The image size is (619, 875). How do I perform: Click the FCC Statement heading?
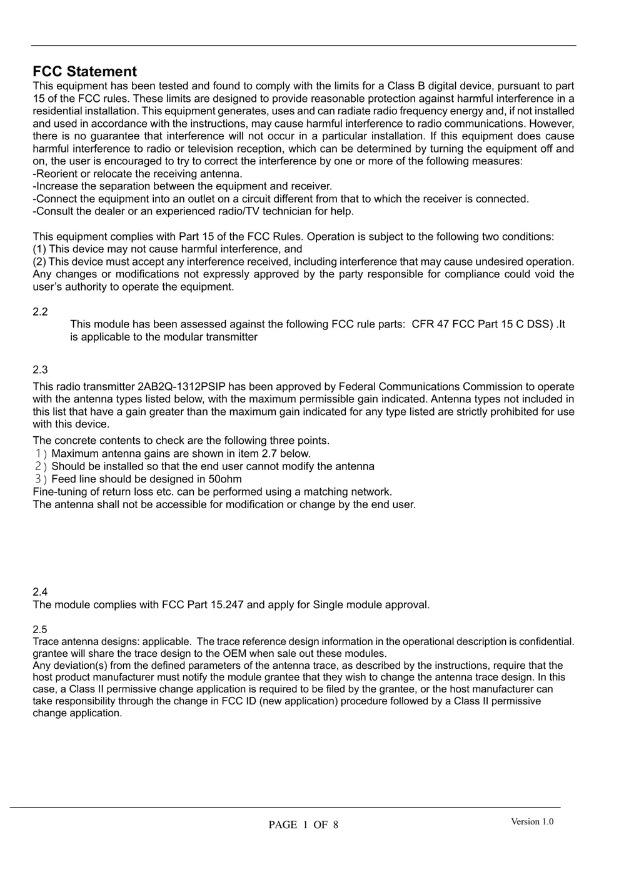tap(84, 72)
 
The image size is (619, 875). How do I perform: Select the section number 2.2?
tap(40, 312)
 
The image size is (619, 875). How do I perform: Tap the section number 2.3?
tap(40, 370)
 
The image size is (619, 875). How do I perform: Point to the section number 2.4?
tap(40, 592)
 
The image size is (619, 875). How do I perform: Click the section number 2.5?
tap(40, 629)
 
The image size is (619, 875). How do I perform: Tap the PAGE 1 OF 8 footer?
tap(303, 825)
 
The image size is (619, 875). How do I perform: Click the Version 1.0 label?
tap(532, 822)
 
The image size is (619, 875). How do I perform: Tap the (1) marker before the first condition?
tap(39, 249)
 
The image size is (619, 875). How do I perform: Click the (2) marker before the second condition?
tap(39, 262)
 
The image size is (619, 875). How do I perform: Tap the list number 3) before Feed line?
tap(41, 479)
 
